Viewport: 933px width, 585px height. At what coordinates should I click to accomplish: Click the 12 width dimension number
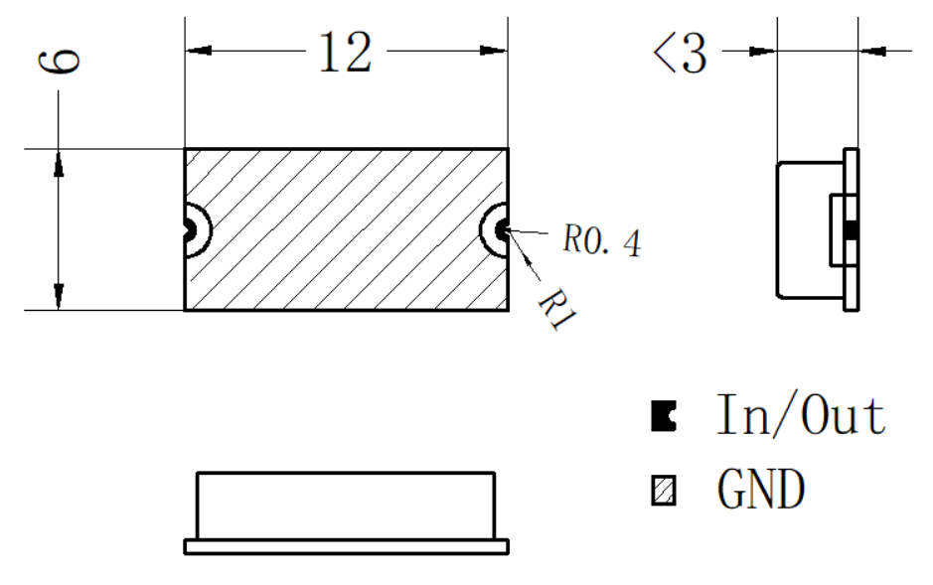(x=345, y=53)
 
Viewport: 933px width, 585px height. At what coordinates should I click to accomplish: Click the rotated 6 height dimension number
(x=59, y=62)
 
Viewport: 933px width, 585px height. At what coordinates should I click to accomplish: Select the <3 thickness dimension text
(x=680, y=53)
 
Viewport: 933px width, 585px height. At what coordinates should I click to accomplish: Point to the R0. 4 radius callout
(x=602, y=240)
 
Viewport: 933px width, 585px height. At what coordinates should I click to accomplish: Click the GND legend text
(x=761, y=489)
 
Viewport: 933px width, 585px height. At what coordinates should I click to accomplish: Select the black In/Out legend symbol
(x=664, y=415)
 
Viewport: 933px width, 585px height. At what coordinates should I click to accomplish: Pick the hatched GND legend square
(x=664, y=491)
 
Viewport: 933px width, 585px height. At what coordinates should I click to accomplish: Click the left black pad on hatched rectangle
(x=189, y=228)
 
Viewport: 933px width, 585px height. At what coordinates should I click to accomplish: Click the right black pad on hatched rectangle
(x=502, y=228)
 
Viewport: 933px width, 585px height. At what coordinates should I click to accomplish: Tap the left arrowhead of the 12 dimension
(x=198, y=51)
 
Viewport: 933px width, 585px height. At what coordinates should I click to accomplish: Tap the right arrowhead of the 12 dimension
(x=494, y=51)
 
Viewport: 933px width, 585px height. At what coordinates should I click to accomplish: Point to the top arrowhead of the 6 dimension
(x=59, y=163)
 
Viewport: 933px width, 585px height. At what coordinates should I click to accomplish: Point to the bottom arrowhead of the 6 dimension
(x=59, y=296)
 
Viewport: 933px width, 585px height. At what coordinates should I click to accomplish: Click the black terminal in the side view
(x=852, y=229)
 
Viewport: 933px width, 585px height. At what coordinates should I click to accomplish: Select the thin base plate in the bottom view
(x=347, y=546)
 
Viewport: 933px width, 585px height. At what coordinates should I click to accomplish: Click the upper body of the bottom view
(x=346, y=506)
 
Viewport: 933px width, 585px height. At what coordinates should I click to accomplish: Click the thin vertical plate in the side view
(x=852, y=228)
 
